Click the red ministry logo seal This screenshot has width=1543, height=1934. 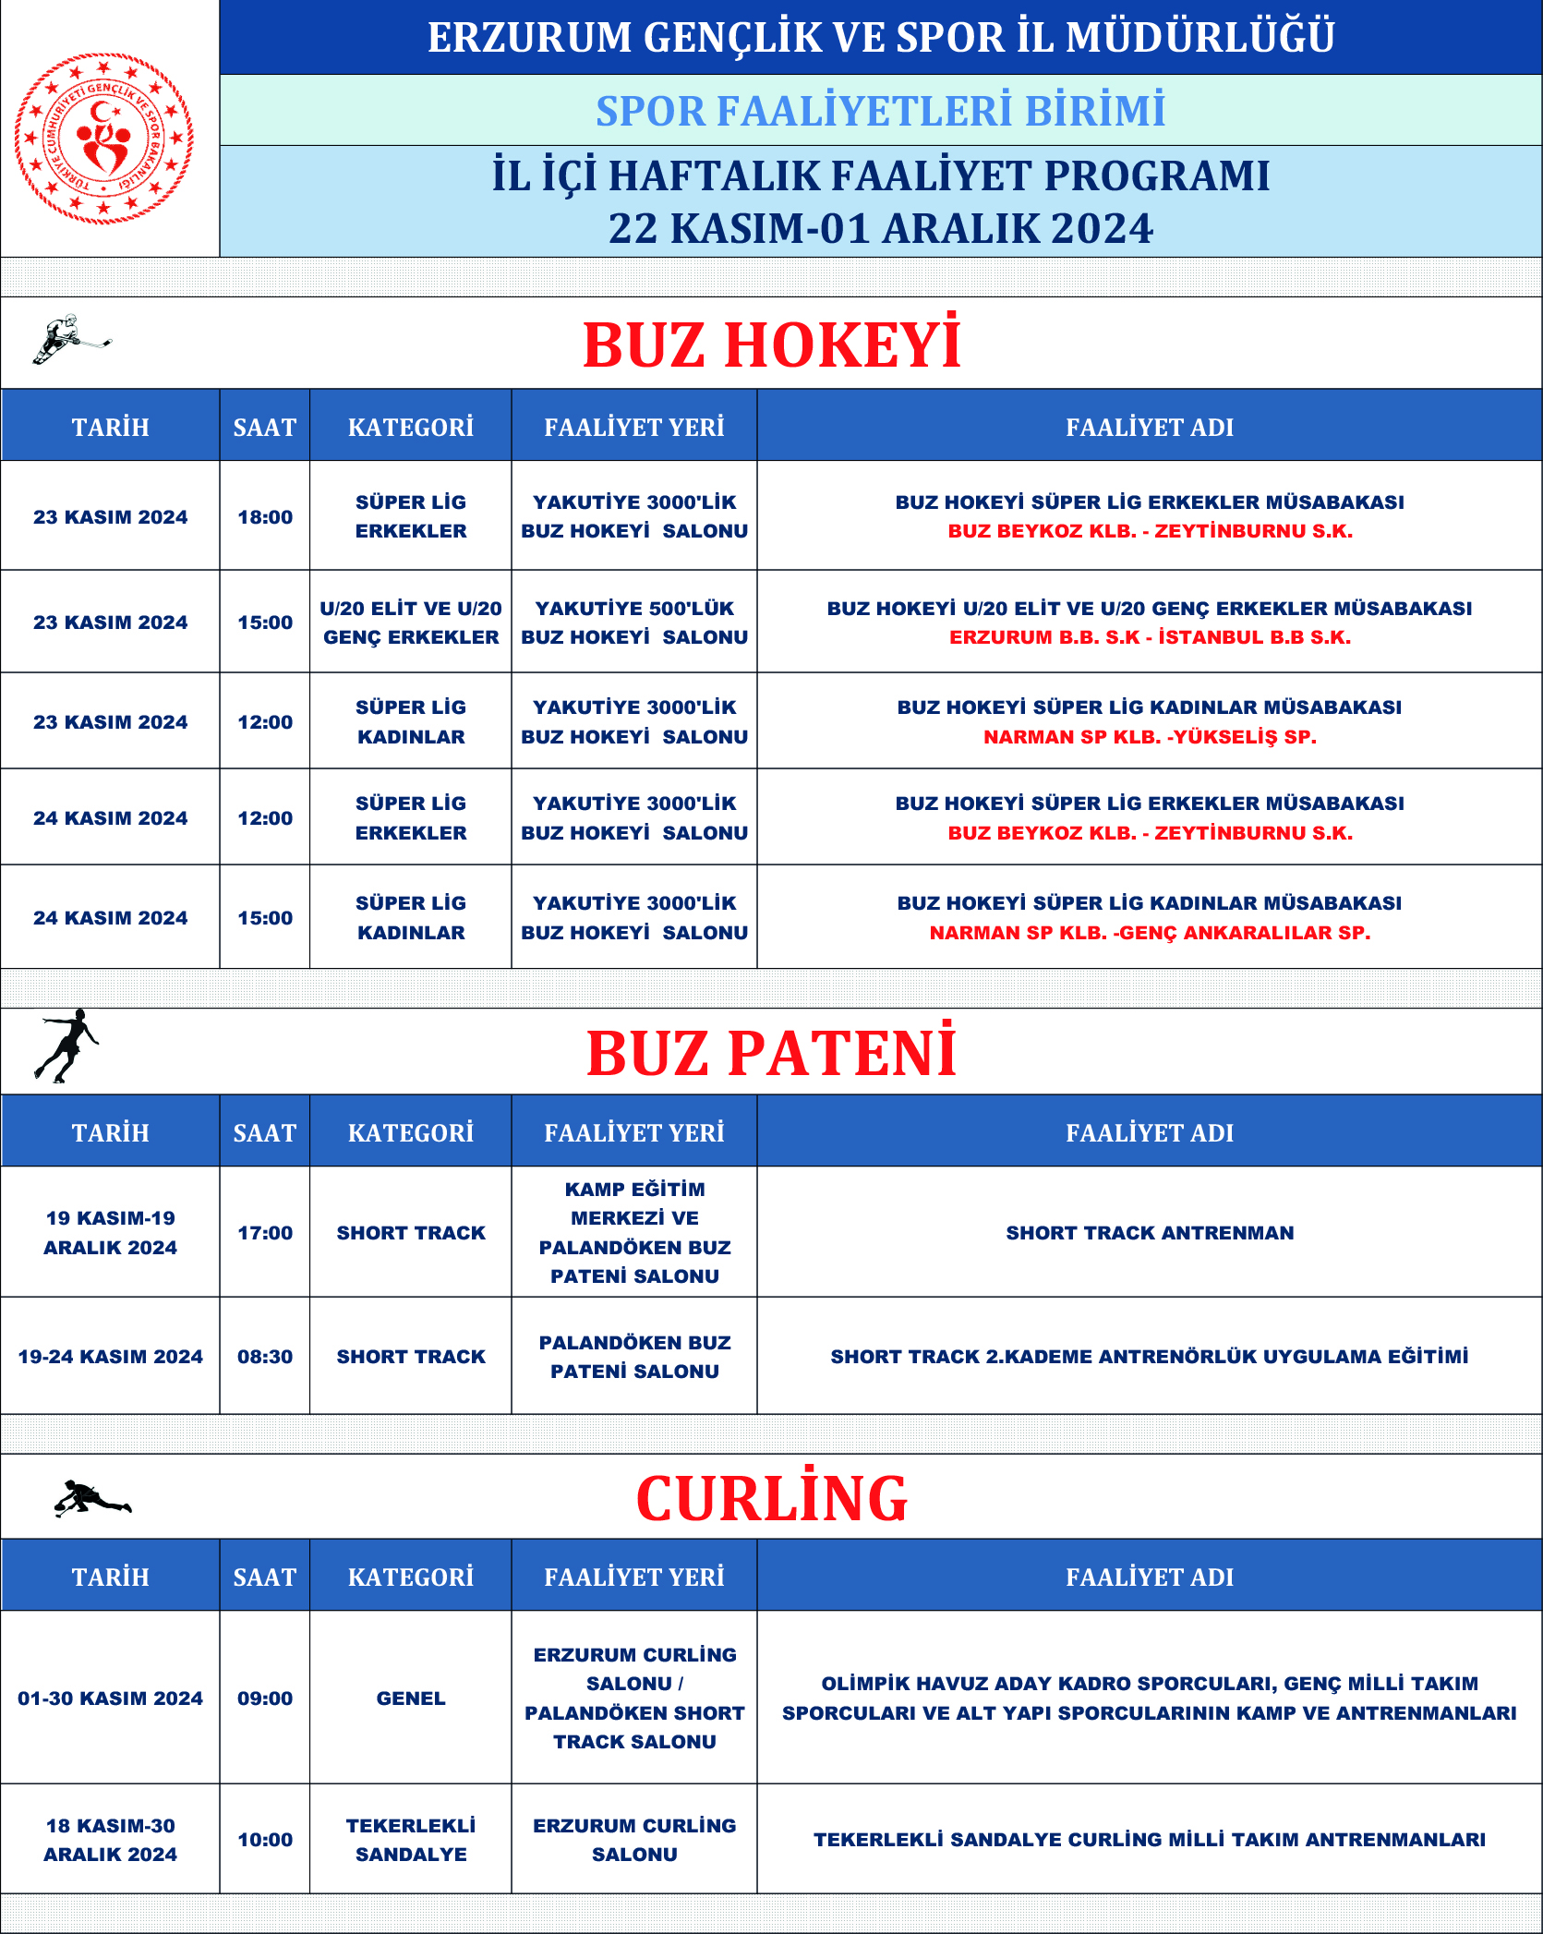pos(103,138)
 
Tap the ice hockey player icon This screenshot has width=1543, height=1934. pos(70,339)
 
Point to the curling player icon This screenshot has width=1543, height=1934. pos(91,1497)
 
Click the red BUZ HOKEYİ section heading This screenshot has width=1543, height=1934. pos(772,345)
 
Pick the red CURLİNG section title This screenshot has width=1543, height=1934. pos(772,1498)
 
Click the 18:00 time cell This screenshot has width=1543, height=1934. pos(265,517)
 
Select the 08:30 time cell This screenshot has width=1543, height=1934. pos(265,1357)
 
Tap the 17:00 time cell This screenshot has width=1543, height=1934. pos(265,1233)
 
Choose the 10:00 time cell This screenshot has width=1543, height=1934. pos(265,1840)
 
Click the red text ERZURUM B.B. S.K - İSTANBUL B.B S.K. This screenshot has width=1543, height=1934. pos(1150,637)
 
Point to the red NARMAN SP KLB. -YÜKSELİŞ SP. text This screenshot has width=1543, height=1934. pos(1150,737)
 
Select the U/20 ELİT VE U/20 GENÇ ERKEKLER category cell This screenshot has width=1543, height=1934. pos(411,623)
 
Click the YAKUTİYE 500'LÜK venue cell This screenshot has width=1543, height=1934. pos(634,623)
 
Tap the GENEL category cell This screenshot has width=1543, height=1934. pos(411,1698)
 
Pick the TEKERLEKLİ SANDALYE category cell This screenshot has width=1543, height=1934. pos(411,1840)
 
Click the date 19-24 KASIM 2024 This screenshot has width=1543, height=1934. pos(110,1357)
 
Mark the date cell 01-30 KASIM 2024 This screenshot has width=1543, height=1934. pos(110,1698)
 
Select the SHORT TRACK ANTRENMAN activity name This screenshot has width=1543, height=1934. pos(1150,1233)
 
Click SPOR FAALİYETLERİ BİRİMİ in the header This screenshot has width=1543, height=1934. pos(880,111)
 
